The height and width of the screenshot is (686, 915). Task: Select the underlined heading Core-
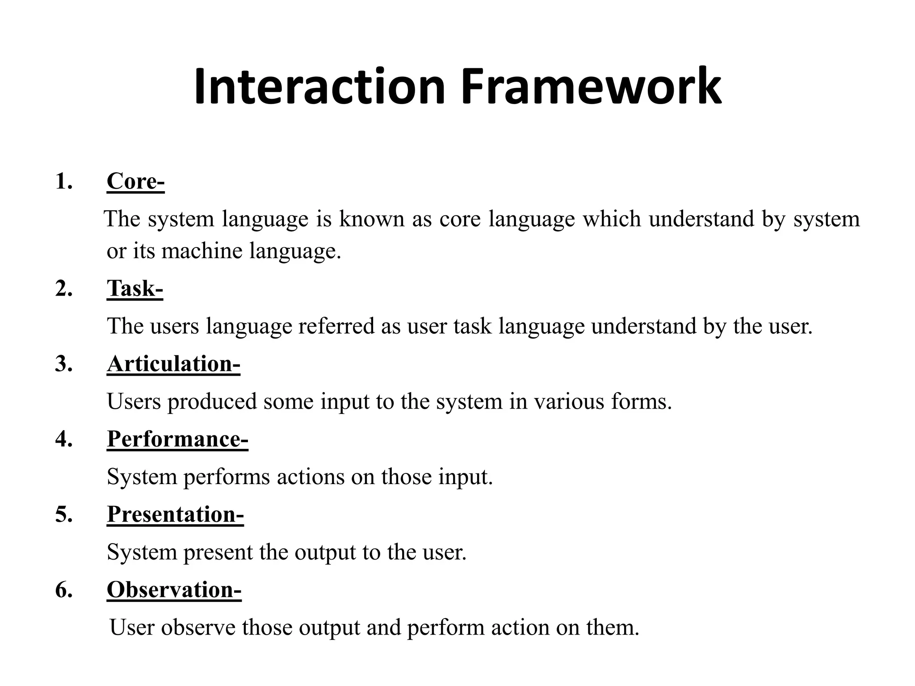point(135,181)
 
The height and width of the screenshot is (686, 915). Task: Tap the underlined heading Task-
point(134,288)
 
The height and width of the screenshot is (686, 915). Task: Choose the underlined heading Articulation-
point(173,363)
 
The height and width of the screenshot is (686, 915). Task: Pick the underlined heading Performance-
point(177,439)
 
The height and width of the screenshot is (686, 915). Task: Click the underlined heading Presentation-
point(175,514)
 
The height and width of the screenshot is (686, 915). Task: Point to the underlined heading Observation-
point(174,590)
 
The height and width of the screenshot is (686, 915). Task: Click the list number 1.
point(63,181)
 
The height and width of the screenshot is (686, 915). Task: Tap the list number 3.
point(63,364)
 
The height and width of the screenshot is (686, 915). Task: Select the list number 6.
point(63,590)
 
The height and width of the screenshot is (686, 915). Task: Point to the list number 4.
point(63,439)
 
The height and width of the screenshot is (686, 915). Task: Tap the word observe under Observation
point(198,627)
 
